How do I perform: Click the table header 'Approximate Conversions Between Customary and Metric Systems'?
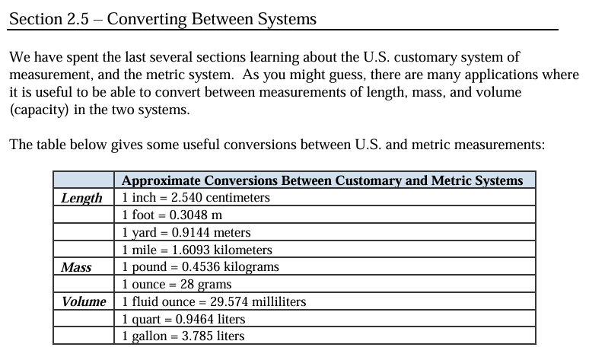[322, 180]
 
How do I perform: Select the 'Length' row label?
[81, 198]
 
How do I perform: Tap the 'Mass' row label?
[76, 267]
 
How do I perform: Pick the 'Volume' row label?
[84, 301]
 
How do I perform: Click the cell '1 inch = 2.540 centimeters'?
[196, 198]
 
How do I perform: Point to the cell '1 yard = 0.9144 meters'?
[186, 233]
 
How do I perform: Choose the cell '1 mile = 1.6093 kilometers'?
[196, 250]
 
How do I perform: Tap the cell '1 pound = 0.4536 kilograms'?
[200, 267]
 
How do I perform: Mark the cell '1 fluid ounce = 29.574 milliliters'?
[214, 301]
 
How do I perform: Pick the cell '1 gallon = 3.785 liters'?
[183, 336]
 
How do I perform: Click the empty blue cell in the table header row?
[84, 180]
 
